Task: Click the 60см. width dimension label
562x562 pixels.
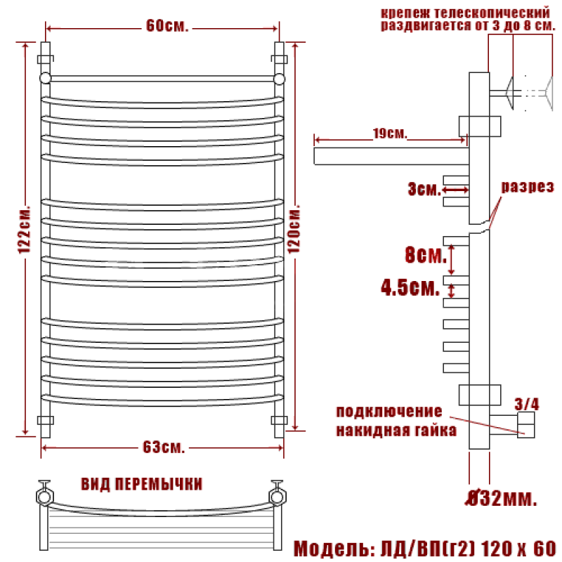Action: [167, 26]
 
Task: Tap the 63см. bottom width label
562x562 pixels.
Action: [164, 447]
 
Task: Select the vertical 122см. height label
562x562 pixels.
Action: [25, 230]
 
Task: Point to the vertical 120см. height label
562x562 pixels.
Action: [294, 229]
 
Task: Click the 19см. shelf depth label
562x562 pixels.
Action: [390, 133]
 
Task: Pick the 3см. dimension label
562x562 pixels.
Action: [424, 189]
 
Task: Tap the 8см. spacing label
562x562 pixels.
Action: [426, 255]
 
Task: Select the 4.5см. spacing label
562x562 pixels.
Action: [410, 287]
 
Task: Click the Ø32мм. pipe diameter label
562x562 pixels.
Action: [502, 498]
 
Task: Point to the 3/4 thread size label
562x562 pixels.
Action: [526, 405]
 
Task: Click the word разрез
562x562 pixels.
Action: [528, 187]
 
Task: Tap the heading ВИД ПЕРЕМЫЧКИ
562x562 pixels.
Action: [142, 484]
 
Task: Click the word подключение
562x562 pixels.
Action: [389, 412]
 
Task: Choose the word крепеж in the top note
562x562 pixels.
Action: [405, 13]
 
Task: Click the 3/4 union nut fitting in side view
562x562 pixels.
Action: [525, 425]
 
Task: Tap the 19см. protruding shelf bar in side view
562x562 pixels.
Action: [391, 156]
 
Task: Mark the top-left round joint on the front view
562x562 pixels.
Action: [46, 78]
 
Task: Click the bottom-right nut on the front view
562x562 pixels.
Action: [279, 420]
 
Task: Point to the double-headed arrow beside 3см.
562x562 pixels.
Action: [455, 190]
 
